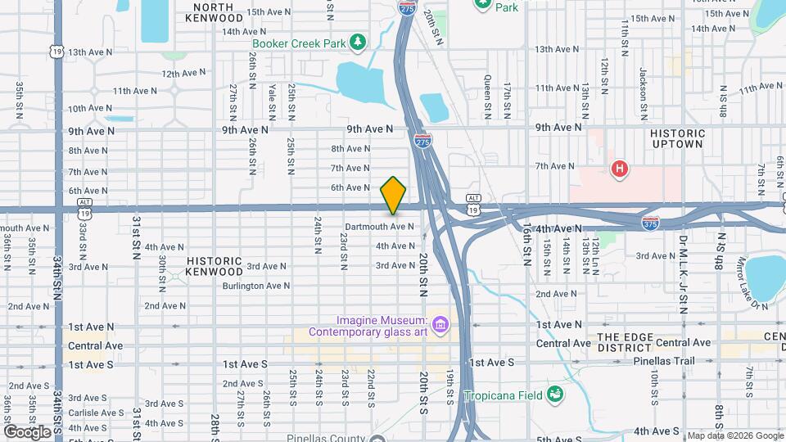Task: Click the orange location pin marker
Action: click(x=393, y=195)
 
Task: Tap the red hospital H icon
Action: click(x=621, y=169)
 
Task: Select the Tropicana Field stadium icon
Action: click(x=556, y=395)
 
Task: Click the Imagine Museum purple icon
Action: click(x=440, y=326)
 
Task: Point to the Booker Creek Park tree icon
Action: click(x=357, y=42)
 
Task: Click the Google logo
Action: click(x=27, y=431)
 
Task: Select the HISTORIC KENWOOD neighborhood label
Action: click(x=215, y=266)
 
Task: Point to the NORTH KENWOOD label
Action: click(x=215, y=11)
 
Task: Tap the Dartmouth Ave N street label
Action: click(x=379, y=227)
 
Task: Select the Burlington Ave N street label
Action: click(x=255, y=286)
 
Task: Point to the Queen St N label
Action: click(x=487, y=92)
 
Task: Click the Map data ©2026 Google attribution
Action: click(x=734, y=435)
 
